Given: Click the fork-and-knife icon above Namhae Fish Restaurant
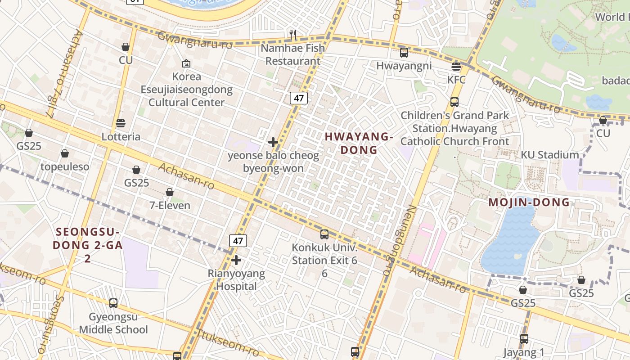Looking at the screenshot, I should tap(292, 34).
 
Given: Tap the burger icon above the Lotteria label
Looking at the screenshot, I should tap(120, 123).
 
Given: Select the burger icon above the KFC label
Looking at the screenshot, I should tap(456, 67).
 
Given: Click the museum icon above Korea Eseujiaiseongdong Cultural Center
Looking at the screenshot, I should tap(186, 64).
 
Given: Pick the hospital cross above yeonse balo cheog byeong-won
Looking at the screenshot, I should tap(273, 142).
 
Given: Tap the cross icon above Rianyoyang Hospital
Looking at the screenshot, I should tap(236, 260).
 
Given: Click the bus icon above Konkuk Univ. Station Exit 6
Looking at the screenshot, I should tap(324, 234).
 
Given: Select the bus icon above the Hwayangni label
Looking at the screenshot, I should tap(404, 52).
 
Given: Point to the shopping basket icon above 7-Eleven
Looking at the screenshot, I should tap(170, 192).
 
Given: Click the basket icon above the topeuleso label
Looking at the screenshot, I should tap(65, 153).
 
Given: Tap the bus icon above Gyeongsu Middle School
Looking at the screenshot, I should tap(113, 303).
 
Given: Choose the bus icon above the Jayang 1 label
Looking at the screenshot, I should tap(524, 338).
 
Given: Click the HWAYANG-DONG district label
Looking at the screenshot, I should tap(359, 143).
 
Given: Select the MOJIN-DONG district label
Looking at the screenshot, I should tap(529, 202).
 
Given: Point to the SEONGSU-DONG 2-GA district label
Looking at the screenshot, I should tap(87, 245).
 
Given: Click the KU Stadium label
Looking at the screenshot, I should tap(550, 155).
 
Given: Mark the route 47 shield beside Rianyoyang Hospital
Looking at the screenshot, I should tap(238, 241).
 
